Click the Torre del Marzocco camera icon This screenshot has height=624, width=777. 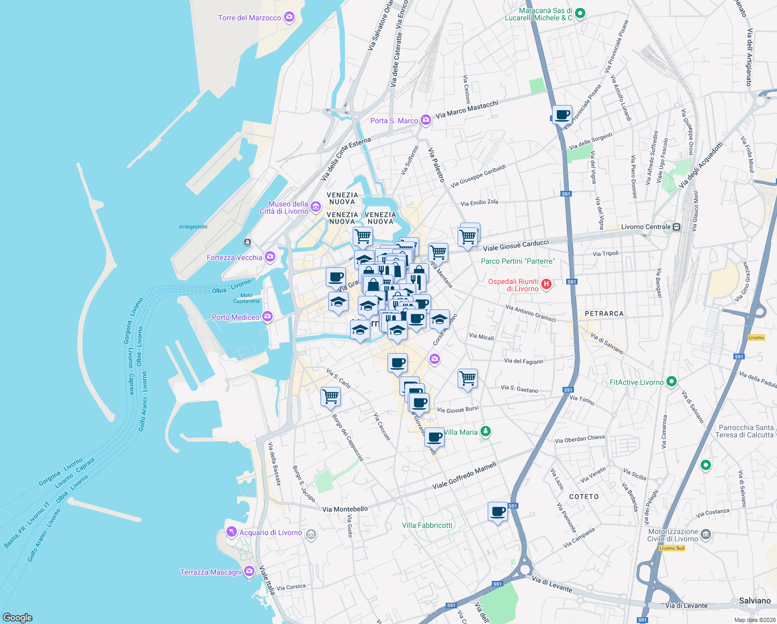pos(289,18)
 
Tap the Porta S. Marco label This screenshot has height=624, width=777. pos(394,121)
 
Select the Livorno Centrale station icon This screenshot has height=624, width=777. pos(676,227)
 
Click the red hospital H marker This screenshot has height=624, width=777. pos(546,284)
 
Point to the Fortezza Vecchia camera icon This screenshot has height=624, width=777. pos(270,257)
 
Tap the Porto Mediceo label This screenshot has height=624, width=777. pos(235,317)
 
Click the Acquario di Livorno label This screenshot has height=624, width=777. pos(270,532)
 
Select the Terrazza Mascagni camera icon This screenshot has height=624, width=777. pos(249,571)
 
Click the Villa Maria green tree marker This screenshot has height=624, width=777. pos(486,431)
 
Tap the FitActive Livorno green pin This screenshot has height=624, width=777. pos(671,382)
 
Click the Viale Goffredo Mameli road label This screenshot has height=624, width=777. pos(464,475)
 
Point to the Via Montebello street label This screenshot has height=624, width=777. pos(345,509)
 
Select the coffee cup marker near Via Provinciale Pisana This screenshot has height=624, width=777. pos(562,114)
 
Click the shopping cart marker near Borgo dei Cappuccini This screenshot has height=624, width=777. pos(331,397)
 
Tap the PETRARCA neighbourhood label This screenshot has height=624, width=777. pos(604,314)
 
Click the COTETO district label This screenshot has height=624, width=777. pos(584,497)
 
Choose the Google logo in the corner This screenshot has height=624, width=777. pos(18,617)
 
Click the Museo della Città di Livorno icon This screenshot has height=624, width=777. pos(316,208)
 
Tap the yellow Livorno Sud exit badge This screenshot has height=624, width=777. pos(672,548)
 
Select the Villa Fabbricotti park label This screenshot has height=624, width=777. pos(427,525)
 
